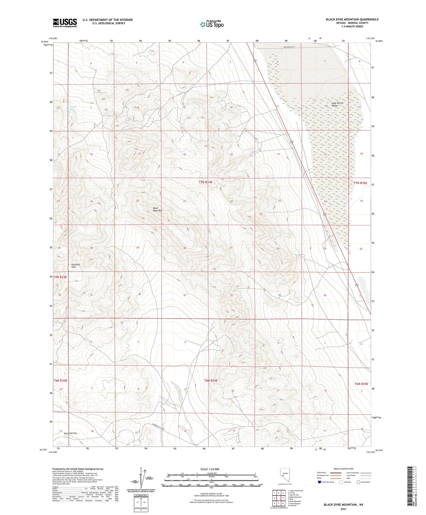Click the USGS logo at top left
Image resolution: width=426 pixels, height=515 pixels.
point(65,22)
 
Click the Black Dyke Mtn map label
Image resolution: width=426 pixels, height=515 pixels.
point(157,209)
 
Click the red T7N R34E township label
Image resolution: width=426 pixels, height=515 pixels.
point(205,182)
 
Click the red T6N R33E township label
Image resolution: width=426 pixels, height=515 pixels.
point(60,380)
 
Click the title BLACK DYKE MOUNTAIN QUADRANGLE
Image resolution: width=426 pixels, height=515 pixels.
point(352,19)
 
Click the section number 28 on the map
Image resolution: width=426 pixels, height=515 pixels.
point(185,248)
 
